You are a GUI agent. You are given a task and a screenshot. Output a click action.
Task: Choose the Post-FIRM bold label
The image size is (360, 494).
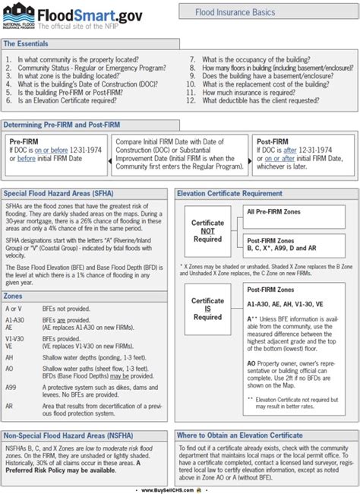pyautogui.click(x=273, y=141)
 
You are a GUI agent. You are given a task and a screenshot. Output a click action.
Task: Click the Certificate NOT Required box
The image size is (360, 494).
pyautogui.click(x=207, y=229)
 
